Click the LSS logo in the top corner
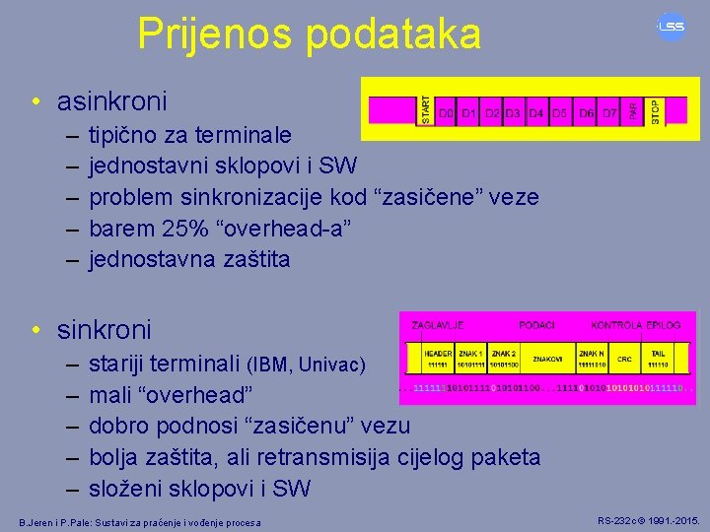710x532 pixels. tap(672, 27)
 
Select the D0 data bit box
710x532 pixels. tap(446, 114)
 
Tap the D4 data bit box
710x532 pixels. tap(535, 114)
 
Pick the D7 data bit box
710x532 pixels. tap(610, 114)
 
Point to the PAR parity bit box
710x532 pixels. tap(633, 109)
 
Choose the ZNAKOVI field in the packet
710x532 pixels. tap(547, 360)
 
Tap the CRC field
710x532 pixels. tap(623, 360)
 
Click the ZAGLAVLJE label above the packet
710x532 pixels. tap(438, 325)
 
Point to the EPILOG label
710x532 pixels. tap(663, 325)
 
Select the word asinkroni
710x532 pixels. tap(112, 100)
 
